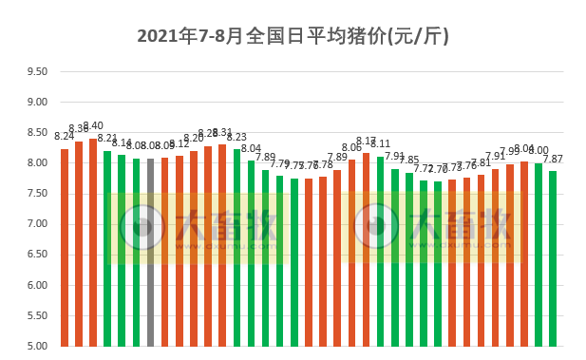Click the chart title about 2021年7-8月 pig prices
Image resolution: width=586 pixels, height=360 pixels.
click(x=293, y=37)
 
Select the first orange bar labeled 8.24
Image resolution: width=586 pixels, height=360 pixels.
click(x=65, y=247)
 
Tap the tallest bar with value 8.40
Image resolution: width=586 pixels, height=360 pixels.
click(x=93, y=242)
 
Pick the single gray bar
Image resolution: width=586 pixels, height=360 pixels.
click(x=150, y=252)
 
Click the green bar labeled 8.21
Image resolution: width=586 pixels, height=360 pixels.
click(x=107, y=248)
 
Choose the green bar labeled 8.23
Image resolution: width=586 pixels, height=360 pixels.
click(x=236, y=247)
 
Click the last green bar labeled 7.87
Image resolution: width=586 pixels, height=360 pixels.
click(x=553, y=257)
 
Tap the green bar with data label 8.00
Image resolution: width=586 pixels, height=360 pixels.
click(x=539, y=254)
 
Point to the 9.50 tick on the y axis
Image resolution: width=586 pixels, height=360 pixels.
click(x=36, y=71)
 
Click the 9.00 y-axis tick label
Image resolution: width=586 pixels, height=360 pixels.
click(x=36, y=102)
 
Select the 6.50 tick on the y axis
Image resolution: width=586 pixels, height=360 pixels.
click(x=36, y=255)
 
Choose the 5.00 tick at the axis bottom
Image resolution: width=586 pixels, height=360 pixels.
click(x=36, y=346)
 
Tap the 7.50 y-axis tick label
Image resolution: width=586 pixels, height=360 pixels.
click(x=36, y=194)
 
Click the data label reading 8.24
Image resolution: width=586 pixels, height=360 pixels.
click(x=64, y=137)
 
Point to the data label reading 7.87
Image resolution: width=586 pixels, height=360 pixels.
click(x=553, y=160)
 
